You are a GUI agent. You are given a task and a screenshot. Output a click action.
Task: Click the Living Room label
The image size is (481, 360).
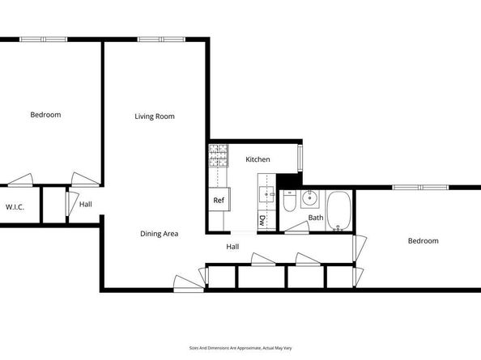pyautogui.click(x=155, y=116)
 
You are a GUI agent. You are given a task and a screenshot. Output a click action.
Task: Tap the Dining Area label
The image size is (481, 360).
pyautogui.click(x=160, y=234)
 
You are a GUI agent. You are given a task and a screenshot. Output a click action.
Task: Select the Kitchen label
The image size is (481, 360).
pyautogui.click(x=258, y=159)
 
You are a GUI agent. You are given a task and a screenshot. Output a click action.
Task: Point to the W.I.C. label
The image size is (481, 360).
pyautogui.click(x=15, y=207)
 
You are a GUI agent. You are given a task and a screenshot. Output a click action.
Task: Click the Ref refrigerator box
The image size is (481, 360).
pyautogui.click(x=219, y=200)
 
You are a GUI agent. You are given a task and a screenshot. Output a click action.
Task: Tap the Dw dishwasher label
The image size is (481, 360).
pyautogui.click(x=262, y=220)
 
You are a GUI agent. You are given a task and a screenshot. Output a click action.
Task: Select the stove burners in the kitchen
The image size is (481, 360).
pyautogui.click(x=219, y=155)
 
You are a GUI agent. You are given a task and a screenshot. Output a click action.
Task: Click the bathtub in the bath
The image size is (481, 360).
pyautogui.click(x=338, y=211)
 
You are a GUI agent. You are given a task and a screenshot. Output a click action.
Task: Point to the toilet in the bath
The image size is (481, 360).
pyautogui.click(x=289, y=201)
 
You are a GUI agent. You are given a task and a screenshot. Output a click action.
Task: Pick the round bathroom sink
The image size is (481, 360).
pyautogui.click(x=310, y=198)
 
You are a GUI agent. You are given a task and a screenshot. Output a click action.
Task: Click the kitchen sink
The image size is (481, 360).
pyautogui.click(x=266, y=194)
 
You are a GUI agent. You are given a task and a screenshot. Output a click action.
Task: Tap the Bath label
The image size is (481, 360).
pyautogui.click(x=316, y=218)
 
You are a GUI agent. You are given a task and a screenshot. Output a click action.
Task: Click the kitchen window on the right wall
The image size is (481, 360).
pyautogui.click(x=300, y=158)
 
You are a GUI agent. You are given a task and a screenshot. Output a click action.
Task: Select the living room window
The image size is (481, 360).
pyautogui.click(x=161, y=39)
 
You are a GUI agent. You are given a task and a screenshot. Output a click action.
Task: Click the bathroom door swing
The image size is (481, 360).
pyautogui.click(x=297, y=228)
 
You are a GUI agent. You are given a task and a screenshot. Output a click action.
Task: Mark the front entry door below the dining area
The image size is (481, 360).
pyautogui.click(x=189, y=284)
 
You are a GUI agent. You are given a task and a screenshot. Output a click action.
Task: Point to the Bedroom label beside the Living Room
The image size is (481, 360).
pyautogui.click(x=45, y=115)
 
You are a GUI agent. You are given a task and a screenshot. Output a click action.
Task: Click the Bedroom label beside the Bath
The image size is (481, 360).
pyautogui.click(x=423, y=241)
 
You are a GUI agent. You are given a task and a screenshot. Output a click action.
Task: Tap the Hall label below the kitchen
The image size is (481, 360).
pyautogui.click(x=232, y=247)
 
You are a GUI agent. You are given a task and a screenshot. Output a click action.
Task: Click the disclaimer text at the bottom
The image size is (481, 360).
pyautogui.click(x=240, y=348)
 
